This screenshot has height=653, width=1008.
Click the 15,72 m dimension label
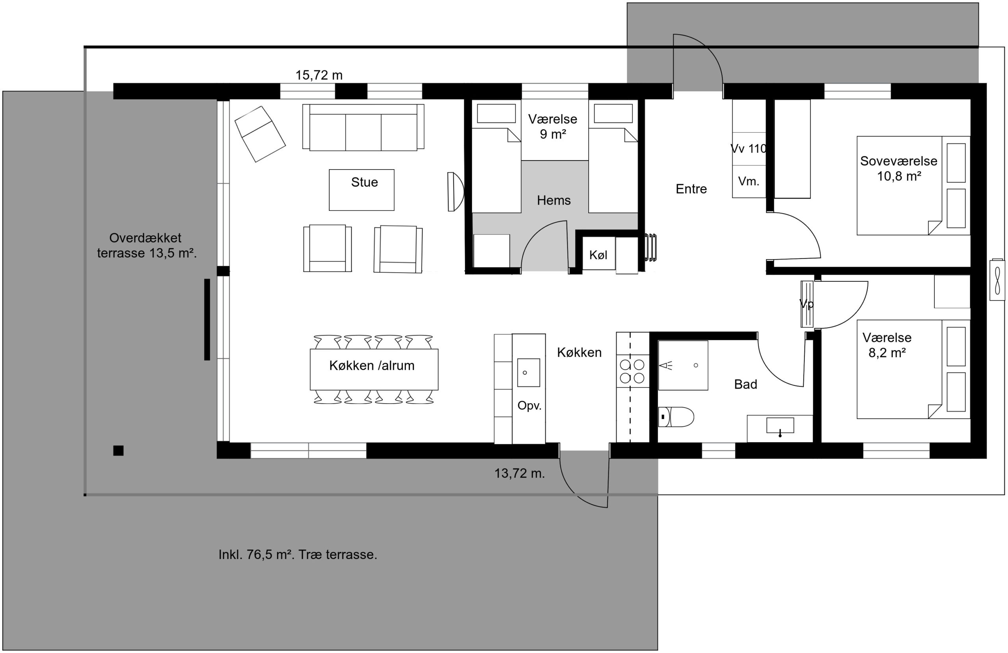pos(319,75)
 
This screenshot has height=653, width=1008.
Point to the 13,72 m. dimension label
pos(520,473)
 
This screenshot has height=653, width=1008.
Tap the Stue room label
pos(364,183)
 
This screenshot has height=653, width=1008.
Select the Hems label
pos(554,200)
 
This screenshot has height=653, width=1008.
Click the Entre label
pos(691,189)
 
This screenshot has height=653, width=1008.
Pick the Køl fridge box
pos(598,253)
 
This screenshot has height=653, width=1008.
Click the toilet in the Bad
pos(676,417)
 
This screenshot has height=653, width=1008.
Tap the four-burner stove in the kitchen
pos(632,371)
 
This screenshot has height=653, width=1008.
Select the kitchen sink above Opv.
pos(528,373)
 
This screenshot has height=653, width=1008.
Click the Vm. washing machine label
pos(749,182)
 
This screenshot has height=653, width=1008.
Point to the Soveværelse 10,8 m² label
pos(899,168)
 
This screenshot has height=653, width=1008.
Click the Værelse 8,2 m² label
pos(887,345)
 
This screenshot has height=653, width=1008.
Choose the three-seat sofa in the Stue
pos(363,127)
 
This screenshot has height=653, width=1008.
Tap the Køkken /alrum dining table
pos(374,369)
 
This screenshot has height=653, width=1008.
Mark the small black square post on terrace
pos(118,451)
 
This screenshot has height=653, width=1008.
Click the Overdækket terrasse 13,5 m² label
pos(146,245)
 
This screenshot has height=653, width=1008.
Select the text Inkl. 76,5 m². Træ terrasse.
pos(298,555)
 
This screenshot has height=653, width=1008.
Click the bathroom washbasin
pos(780,426)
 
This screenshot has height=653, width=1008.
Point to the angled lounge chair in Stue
pos(260,134)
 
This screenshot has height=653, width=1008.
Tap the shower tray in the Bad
pos(683,365)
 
